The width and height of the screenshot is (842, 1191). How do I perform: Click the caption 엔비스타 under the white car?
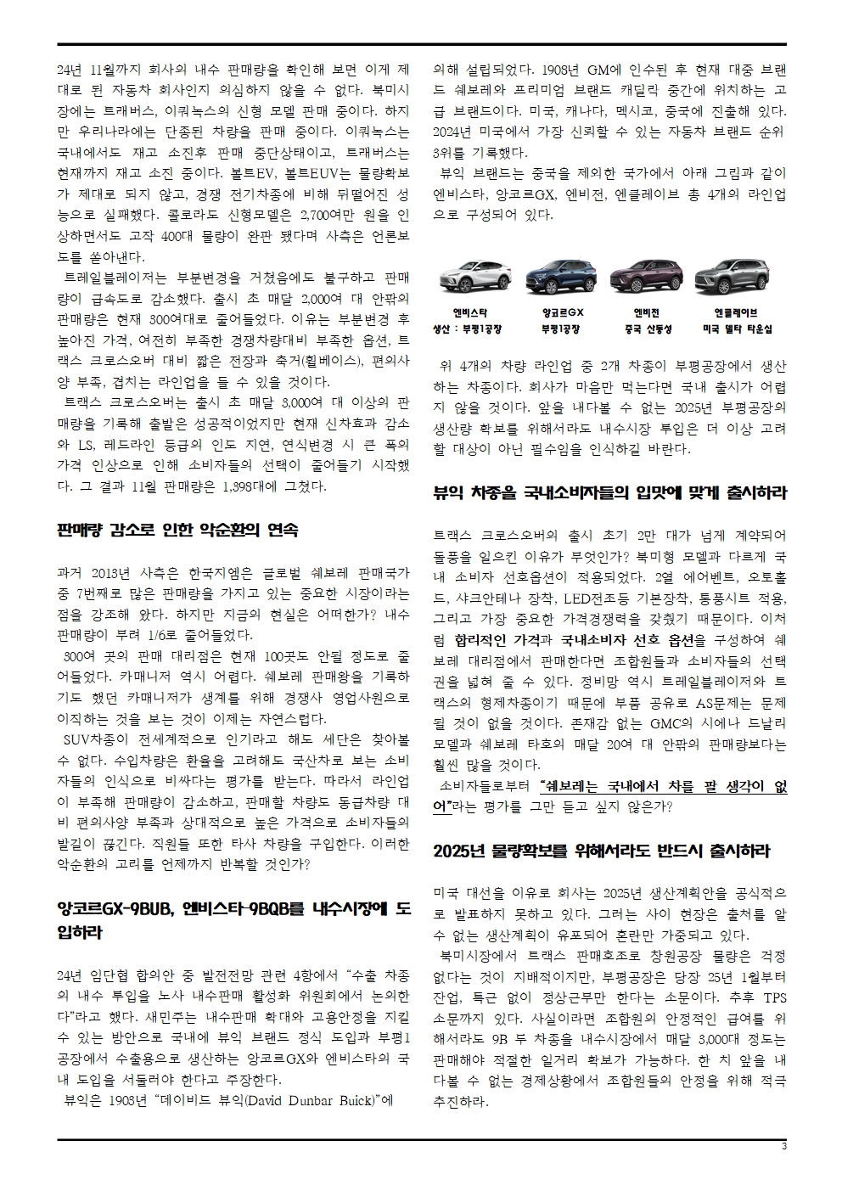[x=469, y=312]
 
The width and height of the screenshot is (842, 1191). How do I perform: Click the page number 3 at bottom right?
[x=783, y=1148]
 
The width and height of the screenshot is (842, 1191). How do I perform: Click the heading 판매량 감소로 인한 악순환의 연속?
[x=177, y=531]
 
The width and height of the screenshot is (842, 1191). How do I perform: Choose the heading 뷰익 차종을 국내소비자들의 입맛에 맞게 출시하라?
[x=609, y=492]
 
